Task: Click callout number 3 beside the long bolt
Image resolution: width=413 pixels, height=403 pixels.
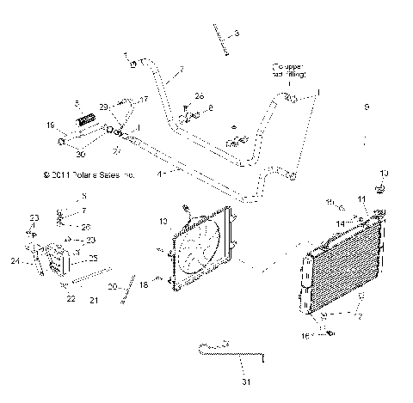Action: [x=237, y=33]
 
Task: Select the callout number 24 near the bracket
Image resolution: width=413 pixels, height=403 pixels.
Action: [x=15, y=262]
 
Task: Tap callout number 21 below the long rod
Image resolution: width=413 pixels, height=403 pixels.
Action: [x=95, y=301]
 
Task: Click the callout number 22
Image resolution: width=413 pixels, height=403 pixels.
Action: [x=71, y=299]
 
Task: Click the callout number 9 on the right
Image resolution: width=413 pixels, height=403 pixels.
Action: [x=366, y=107]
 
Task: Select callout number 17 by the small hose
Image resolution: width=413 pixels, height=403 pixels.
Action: [x=144, y=100]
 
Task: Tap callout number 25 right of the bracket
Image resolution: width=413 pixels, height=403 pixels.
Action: [x=92, y=258]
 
